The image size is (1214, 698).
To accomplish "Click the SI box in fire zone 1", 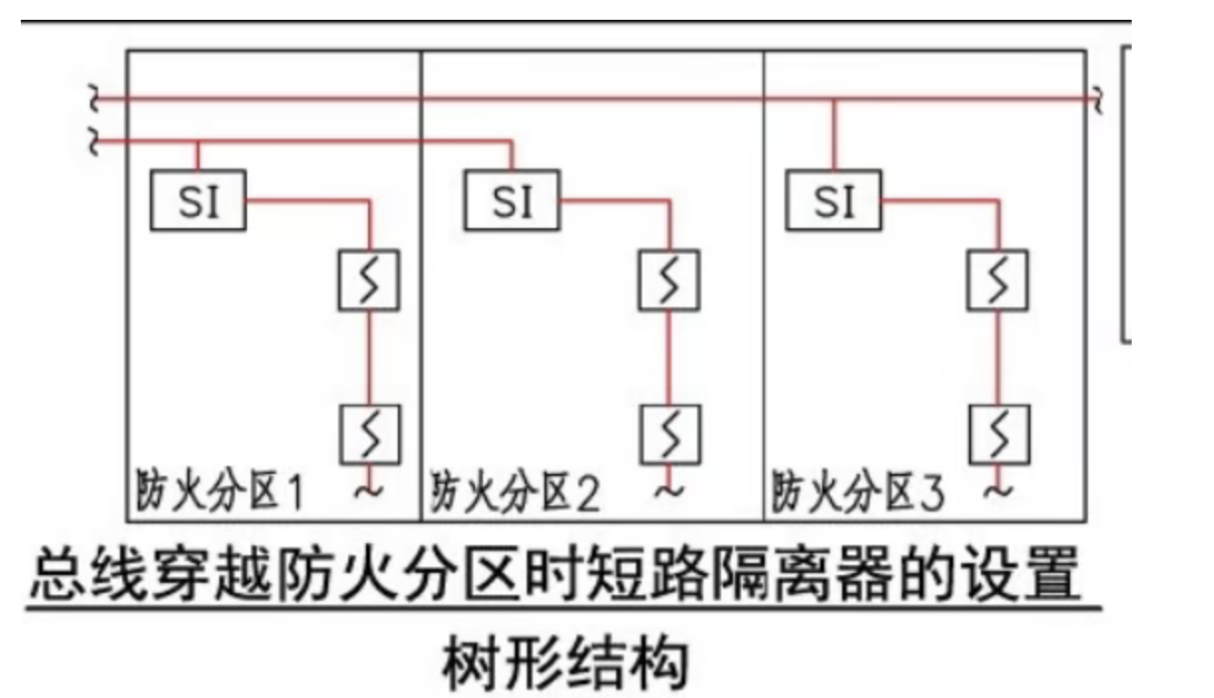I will pyautogui.click(x=197, y=201).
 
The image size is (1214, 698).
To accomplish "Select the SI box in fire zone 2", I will pyautogui.click(x=512, y=201).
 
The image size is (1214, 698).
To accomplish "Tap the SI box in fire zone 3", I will pyautogui.click(x=833, y=201).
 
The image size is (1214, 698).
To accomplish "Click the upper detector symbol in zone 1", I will pyautogui.click(x=370, y=282).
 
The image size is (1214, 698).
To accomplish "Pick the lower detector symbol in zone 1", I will pyautogui.click(x=370, y=434).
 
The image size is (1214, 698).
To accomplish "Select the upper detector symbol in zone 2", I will pyautogui.click(x=668, y=282).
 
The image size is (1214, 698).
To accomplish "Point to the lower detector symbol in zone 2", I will pyautogui.click(x=668, y=434).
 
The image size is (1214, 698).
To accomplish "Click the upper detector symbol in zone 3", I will pyautogui.click(x=999, y=282).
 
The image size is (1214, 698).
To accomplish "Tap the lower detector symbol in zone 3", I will pyautogui.click(x=999, y=434).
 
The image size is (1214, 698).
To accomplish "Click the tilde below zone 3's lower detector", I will pyautogui.click(x=1001, y=489).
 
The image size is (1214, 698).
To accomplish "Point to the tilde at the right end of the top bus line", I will pyautogui.click(x=1097, y=99).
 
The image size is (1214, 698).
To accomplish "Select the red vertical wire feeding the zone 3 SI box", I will pyautogui.click(x=833, y=135).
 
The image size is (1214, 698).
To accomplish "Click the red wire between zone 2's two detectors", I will pyautogui.click(x=668, y=358).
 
